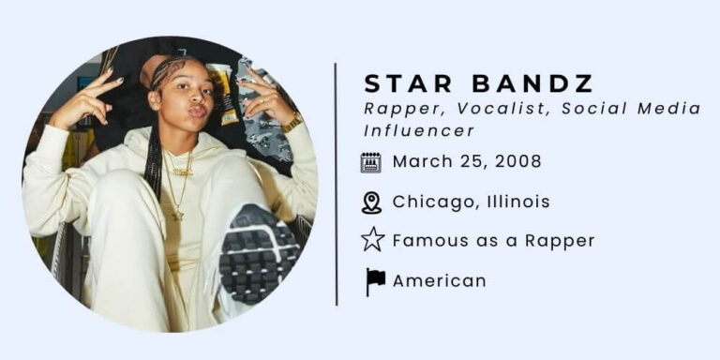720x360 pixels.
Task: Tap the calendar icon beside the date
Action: pyautogui.click(x=371, y=162)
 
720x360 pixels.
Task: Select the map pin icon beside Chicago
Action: pyautogui.click(x=371, y=202)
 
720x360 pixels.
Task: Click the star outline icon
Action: pyautogui.click(x=372, y=240)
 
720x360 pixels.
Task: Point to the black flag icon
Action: pyautogui.click(x=374, y=280)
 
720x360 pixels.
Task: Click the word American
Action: pyautogui.click(x=439, y=280)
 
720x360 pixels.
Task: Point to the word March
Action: pyautogui.click(x=419, y=161)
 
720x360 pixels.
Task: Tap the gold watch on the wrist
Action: pyautogui.click(x=292, y=123)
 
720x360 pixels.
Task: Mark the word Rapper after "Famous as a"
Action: pyautogui.click(x=559, y=240)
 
